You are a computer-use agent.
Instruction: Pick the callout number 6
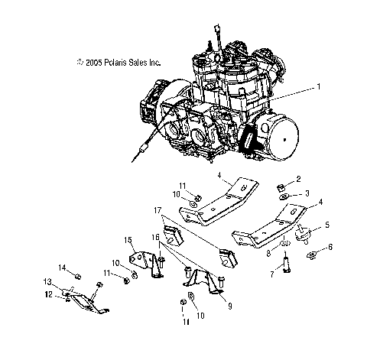330,248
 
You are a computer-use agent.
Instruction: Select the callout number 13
49,282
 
